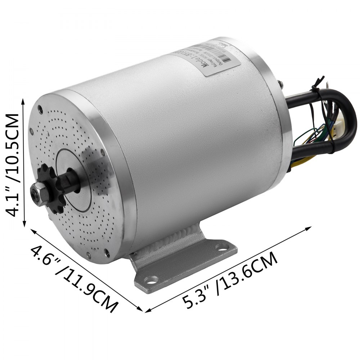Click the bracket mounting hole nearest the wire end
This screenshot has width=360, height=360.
point(224,247)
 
